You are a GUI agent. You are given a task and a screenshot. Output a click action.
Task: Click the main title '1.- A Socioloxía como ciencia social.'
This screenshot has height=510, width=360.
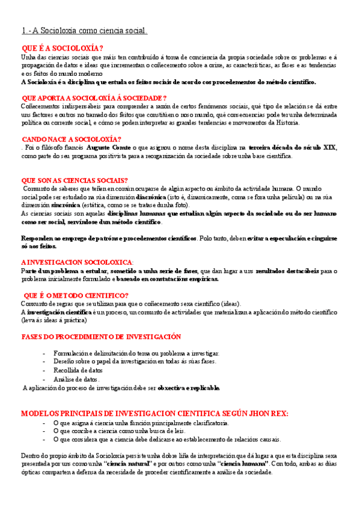pyautogui.click(x=85, y=30)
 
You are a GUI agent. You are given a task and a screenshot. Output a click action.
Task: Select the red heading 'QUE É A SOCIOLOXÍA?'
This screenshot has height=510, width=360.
pyautogui.click(x=62, y=49)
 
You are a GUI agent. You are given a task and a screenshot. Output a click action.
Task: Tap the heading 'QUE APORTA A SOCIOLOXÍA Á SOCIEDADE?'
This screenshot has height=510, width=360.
pyautogui.click(x=94, y=97)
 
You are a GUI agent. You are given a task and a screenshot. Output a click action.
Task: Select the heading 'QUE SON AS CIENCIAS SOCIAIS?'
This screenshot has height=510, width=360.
pyautogui.click(x=74, y=180)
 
